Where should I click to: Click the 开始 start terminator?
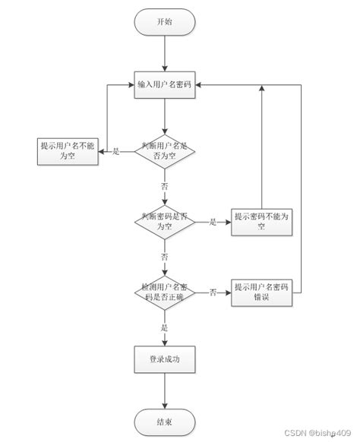tap(164, 22)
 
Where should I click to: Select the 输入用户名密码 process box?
tap(164, 85)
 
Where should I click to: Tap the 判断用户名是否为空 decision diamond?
tap(164, 150)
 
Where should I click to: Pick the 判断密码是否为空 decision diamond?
tap(164, 222)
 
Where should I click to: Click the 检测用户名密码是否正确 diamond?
tap(164, 292)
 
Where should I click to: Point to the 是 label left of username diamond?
tap(116, 151)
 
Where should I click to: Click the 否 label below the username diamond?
tap(164, 186)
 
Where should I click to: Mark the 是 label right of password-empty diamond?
tap(213, 222)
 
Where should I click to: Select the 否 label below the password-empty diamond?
tap(164, 257)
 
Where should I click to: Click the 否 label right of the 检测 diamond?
tap(213, 292)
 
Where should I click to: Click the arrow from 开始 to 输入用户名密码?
tap(164, 53)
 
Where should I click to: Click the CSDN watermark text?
tap(320, 434)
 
